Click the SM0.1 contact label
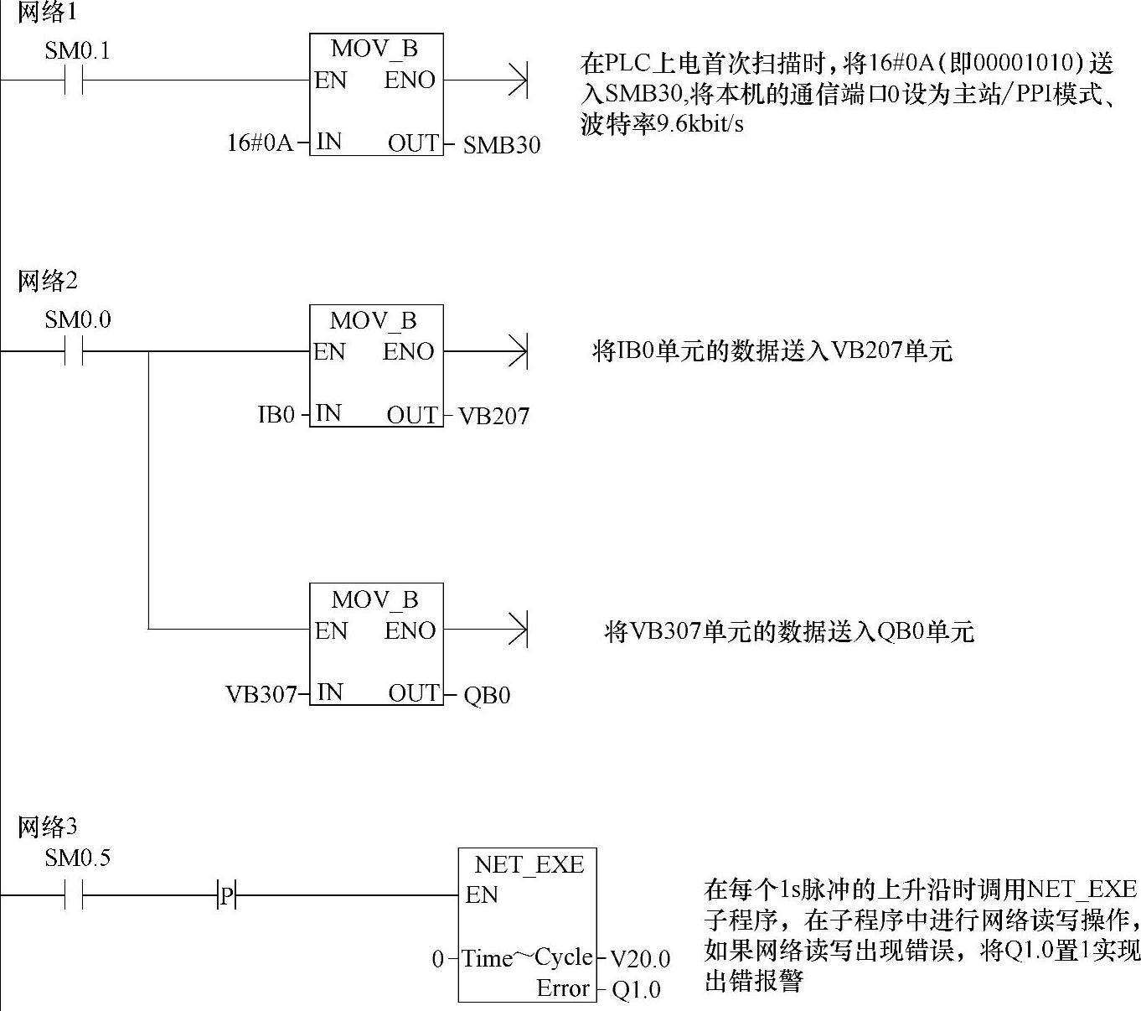coord(77,51)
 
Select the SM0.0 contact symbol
coord(75,352)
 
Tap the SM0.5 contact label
coord(77,858)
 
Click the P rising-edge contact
coord(226,895)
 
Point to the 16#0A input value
coord(260,143)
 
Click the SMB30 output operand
coord(502,145)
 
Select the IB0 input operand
coord(276,414)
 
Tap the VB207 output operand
coord(493,416)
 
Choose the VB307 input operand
coord(261,694)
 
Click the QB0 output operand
coord(487,695)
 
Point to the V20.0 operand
coord(639,959)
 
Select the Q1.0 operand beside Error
coord(636,990)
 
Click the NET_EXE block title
coord(529,864)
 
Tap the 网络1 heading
coord(47,13)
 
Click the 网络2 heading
coord(47,281)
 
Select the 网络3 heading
coord(47,827)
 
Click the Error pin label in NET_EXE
coord(563,988)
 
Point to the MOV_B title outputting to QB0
coord(374,600)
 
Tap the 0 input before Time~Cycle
coord(437,959)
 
